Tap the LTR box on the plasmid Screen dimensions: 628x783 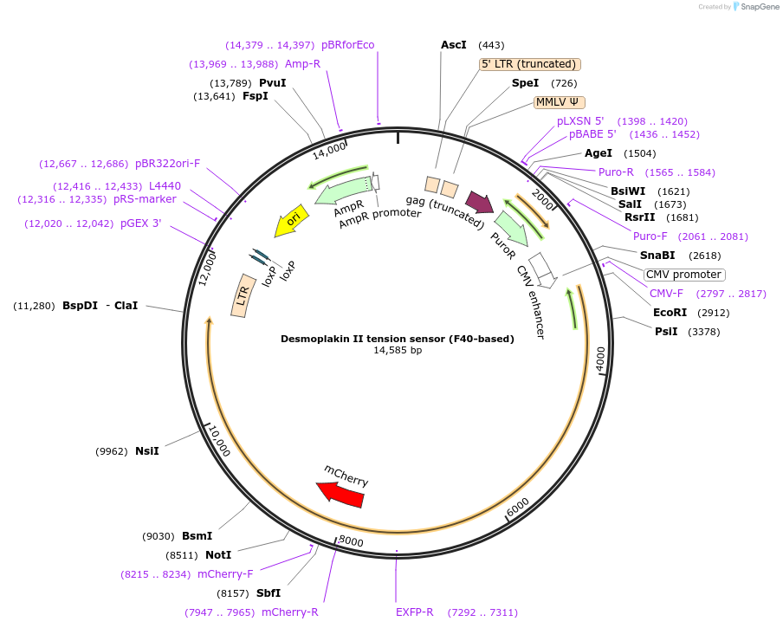(243, 299)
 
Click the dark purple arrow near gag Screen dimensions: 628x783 (480, 202)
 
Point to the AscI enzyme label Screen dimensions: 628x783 (454, 45)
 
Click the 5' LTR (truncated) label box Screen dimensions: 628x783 (529, 64)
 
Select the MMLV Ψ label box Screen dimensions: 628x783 (561, 102)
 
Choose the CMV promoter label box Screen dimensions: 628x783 (684, 275)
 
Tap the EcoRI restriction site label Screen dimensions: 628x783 (670, 313)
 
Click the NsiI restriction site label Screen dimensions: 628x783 (147, 451)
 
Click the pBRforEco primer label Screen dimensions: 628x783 (348, 45)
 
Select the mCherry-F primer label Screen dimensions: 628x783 (225, 574)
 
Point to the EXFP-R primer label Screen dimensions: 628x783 (415, 612)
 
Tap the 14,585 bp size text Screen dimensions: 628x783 (398, 351)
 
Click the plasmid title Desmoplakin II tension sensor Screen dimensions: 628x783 (398, 339)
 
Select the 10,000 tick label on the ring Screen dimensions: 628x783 (218, 442)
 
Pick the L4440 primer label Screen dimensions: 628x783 (165, 186)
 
